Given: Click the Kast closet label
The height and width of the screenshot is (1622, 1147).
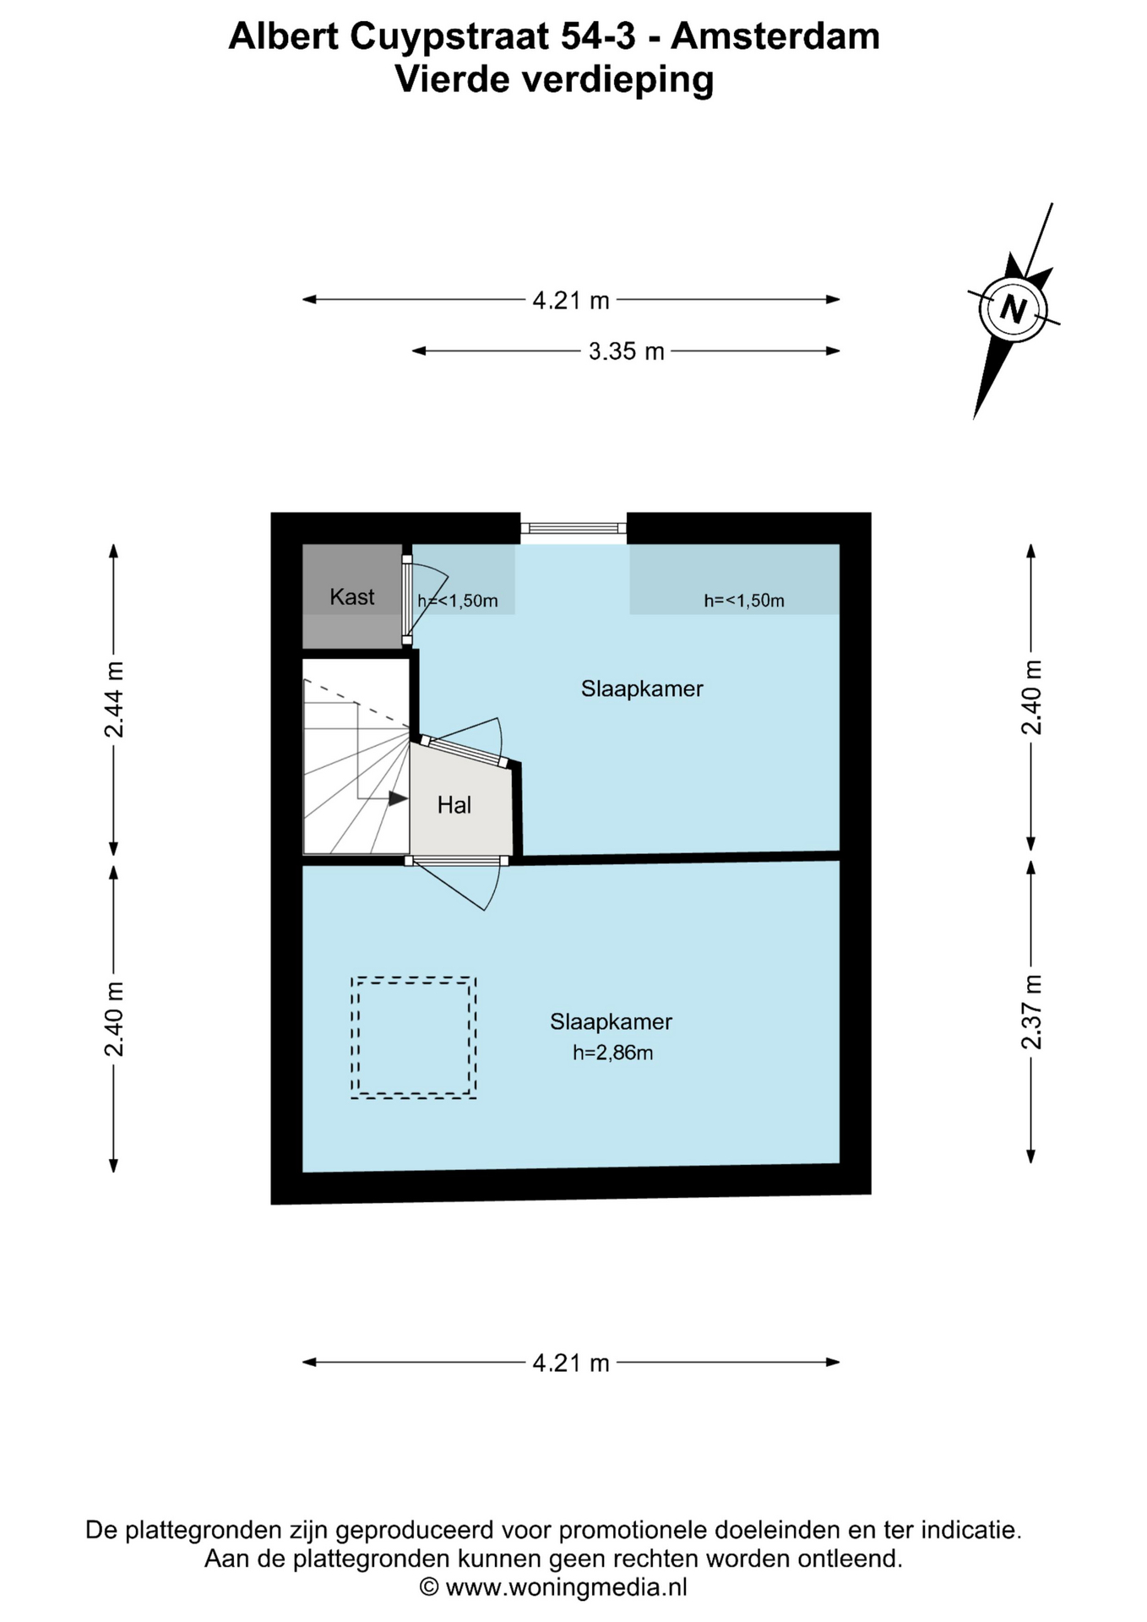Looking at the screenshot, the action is (x=351, y=597).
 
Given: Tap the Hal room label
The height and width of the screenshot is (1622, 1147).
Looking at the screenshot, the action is (x=454, y=805).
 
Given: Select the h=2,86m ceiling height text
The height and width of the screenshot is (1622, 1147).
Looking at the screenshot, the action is (x=613, y=1053).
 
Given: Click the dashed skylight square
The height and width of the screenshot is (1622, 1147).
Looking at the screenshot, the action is (x=414, y=978).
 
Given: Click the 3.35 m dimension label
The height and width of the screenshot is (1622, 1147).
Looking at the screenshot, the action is (x=626, y=351).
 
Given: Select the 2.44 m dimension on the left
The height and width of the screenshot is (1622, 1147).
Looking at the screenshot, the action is (x=114, y=699).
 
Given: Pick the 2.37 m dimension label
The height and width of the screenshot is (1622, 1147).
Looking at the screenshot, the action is (x=1031, y=1012).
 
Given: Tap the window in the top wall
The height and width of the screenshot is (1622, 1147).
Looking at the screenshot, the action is (x=573, y=529).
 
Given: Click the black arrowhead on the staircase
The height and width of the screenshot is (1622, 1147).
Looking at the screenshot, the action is (x=398, y=797).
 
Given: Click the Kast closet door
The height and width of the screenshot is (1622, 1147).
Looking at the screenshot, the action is (x=407, y=600).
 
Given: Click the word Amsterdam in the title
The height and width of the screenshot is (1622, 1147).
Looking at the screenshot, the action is (x=775, y=36).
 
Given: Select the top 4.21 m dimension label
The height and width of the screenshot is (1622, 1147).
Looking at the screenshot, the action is (x=571, y=300).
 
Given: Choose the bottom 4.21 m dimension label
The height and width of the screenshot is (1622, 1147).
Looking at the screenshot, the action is (x=571, y=1363).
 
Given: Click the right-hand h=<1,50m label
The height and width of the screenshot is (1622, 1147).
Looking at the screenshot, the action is (x=744, y=601).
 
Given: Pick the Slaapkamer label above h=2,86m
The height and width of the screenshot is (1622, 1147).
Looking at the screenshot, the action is (x=612, y=1022).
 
